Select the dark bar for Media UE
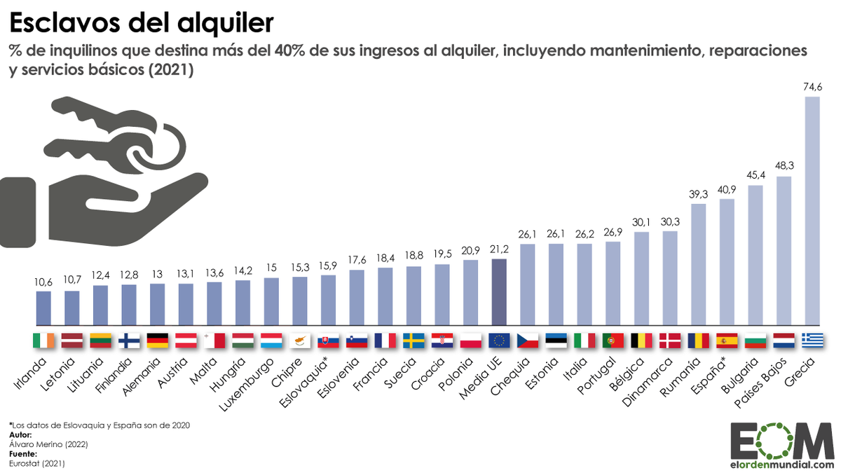[x=499, y=293]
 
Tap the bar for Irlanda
[x=43, y=308]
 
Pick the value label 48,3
[x=784, y=166]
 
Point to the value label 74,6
[x=812, y=87]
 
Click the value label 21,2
[x=499, y=249]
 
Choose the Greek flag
[x=812, y=341]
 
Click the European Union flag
[x=499, y=341]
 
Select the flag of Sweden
[x=413, y=341]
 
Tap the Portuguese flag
[x=613, y=341]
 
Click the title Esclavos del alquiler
[x=140, y=22]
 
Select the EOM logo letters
[x=777, y=440]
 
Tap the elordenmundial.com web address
[x=777, y=464]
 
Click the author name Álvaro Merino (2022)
[x=39, y=444]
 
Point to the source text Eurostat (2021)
[x=36, y=463]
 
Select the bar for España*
[x=727, y=263]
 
